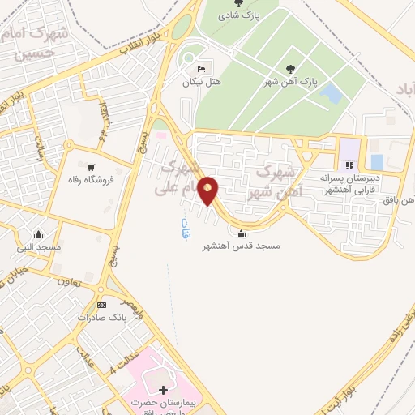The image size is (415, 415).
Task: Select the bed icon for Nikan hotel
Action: pyautogui.click(x=202, y=68)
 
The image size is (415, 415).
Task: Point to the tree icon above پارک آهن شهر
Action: pyautogui.click(x=290, y=69)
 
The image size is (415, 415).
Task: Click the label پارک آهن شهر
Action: pyautogui.click(x=291, y=83)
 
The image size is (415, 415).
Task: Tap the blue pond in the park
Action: pyautogui.click(x=330, y=93)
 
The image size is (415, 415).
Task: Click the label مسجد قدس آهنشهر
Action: pyautogui.click(x=241, y=248)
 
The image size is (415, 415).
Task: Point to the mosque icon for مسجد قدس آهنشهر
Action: pyautogui.click(x=241, y=234)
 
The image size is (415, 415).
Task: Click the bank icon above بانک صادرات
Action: pyautogui.click(x=101, y=304)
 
